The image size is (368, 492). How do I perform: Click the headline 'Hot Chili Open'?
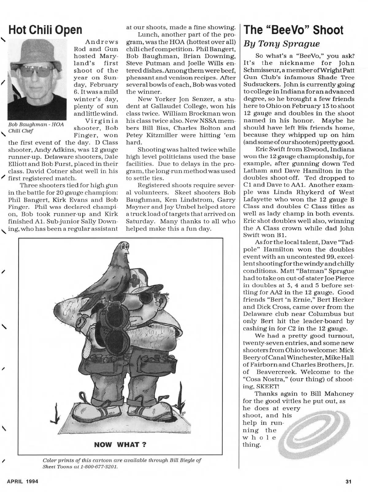tap(45, 30)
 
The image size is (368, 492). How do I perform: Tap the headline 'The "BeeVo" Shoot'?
tap(293, 30)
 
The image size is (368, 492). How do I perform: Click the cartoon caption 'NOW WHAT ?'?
tap(120, 444)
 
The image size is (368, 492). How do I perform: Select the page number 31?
tap(348, 481)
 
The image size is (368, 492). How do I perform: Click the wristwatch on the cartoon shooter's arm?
tap(80, 321)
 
